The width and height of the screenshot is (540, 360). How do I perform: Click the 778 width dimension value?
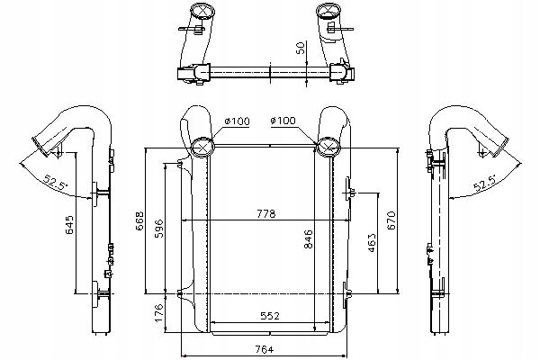click(x=265, y=213)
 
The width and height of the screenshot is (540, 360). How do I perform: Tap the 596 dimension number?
click(x=159, y=226)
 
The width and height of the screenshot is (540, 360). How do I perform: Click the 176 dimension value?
click(x=159, y=312)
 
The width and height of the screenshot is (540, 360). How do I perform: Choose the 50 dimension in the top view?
click(x=299, y=47)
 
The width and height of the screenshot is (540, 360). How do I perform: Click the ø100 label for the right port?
click(x=283, y=120)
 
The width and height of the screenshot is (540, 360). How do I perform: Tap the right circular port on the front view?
click(x=327, y=147)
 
